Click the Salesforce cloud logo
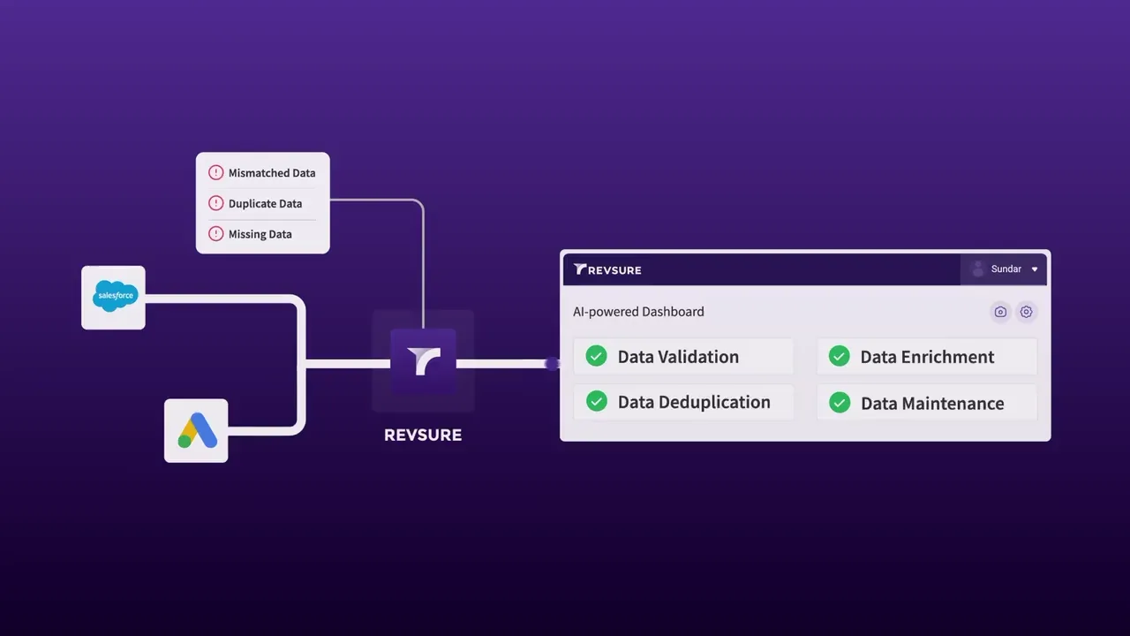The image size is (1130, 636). point(115,296)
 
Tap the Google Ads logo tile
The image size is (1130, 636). point(196,430)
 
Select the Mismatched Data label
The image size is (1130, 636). point(272,173)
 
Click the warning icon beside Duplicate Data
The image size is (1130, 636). point(216,203)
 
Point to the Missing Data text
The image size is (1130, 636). point(260,234)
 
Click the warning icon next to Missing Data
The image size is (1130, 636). point(216,234)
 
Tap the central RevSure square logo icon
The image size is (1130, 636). point(423,361)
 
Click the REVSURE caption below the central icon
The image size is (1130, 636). point(423,435)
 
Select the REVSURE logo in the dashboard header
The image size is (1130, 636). point(607,269)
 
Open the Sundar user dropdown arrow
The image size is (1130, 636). point(1035,269)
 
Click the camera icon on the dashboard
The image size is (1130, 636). point(1000,312)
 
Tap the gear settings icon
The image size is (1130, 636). point(1026,312)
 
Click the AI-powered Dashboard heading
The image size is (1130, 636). point(638,312)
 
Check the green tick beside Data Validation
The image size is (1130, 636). point(596,356)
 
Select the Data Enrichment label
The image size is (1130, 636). point(927,357)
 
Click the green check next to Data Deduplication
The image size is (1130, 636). point(597,401)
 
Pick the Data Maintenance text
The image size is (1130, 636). point(932,404)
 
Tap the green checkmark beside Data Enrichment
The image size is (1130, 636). point(840,356)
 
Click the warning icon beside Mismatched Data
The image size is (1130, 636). point(216,172)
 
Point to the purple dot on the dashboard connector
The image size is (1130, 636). point(553,363)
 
